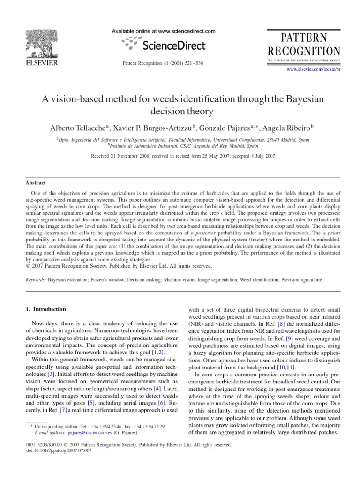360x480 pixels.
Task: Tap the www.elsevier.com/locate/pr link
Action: [x=319, y=69]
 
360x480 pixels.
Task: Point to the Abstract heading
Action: [x=36, y=183]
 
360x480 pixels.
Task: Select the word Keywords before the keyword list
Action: [x=38, y=279]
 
